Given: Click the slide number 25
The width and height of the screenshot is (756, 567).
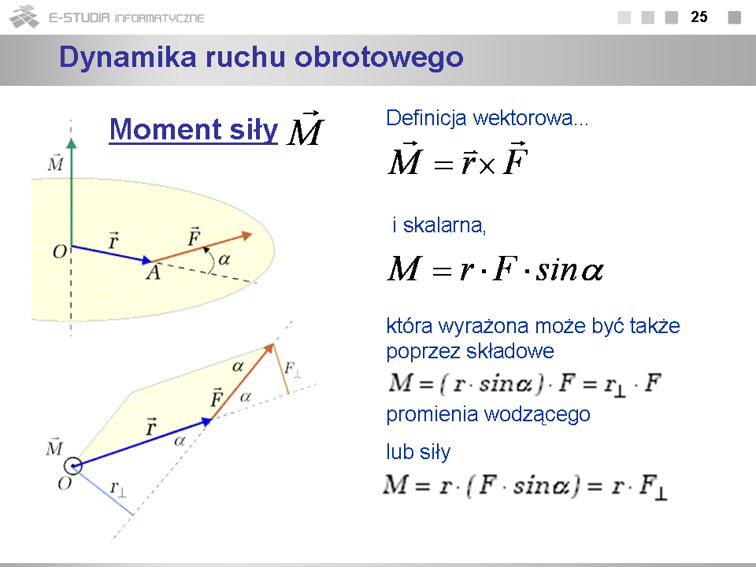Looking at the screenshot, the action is (699, 17).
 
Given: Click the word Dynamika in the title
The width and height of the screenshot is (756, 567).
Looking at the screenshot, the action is (128, 57).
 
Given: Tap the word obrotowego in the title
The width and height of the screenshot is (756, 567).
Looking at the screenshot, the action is (379, 57).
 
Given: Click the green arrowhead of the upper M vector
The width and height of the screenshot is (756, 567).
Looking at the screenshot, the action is (72, 143).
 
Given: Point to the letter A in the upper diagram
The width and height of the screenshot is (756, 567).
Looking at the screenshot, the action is (154, 273).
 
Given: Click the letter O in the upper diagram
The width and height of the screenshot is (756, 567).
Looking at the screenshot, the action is (59, 252).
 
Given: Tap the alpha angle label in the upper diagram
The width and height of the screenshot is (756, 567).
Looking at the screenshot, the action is (224, 260).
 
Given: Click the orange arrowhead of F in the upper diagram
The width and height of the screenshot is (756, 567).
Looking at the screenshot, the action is (246, 235).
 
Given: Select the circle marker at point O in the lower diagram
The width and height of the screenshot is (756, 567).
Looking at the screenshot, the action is (72, 466).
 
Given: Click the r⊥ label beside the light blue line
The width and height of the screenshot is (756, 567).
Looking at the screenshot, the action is (117, 488).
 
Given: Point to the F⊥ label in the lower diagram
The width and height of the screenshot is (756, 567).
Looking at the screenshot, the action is (292, 369).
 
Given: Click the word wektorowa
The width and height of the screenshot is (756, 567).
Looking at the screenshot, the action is (530, 117).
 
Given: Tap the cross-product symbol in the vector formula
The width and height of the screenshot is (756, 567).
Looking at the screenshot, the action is (487, 166).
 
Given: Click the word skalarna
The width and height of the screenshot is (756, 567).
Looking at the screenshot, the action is (444, 225).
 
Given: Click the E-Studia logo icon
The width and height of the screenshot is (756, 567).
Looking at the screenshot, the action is (24, 17).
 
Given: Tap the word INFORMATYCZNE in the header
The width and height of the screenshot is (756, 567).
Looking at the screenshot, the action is (160, 18).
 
